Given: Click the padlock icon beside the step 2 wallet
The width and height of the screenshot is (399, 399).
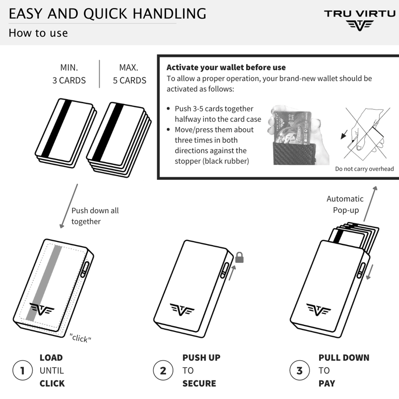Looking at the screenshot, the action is tap(239, 257).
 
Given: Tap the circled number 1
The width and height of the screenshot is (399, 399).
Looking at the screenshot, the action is tap(23, 370).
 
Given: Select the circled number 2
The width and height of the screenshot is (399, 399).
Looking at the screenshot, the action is tap(163, 370).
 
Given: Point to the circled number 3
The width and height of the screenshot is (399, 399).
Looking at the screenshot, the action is tap(300, 370).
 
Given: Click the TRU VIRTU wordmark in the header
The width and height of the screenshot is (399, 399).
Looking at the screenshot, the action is tap(359, 14).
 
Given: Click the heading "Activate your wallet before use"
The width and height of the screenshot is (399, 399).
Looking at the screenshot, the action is tap(226, 67).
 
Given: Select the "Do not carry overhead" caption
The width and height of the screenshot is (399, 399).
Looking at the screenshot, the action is tap(364, 169).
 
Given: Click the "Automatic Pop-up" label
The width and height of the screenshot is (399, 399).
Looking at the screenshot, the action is tap(345, 204).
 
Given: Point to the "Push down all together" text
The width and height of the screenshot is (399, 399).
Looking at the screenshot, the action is tap(95, 216).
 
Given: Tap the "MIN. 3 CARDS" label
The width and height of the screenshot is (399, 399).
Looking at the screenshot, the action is tap(69, 74).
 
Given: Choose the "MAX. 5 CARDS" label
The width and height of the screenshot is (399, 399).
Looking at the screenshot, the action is tap(130, 74).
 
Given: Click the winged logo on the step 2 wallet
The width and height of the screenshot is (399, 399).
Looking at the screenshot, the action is tap(182, 310).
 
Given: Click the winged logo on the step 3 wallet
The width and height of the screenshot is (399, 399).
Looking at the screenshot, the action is tap(318, 310).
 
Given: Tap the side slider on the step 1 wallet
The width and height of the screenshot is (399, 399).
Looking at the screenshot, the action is tap(85, 269).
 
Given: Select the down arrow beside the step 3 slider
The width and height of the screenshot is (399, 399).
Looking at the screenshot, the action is tap(369, 272).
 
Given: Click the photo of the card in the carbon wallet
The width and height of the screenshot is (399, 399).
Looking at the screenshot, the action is tap(298, 135).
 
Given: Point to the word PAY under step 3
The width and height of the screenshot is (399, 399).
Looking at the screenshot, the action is tap(327, 383).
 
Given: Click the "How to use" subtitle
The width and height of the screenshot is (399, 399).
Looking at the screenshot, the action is tap(38, 33).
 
